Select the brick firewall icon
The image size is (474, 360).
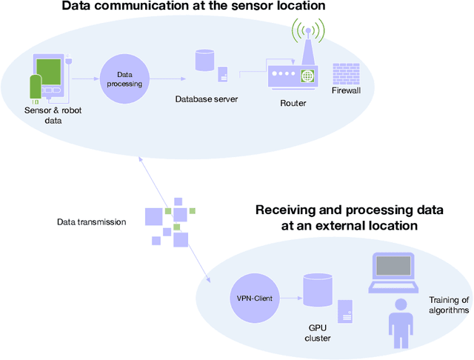pos(346,75)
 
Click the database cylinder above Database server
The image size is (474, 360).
pos(203,60)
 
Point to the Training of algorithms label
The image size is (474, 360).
pos(449,305)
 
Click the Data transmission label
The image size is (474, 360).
pos(92,221)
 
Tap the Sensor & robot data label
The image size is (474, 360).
pos(50,115)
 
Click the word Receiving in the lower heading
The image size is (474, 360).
pos(285,210)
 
